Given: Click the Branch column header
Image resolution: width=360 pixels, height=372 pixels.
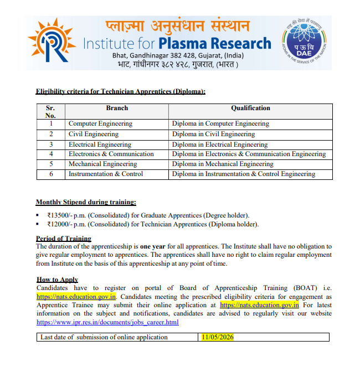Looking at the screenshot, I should coord(117,108).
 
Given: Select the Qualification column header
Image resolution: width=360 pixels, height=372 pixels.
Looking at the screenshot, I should coord(250,108).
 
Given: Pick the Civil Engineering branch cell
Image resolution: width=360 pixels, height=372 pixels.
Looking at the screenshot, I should coord(94,134).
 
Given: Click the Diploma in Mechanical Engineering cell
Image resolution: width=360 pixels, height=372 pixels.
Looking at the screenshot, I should coord(223,164).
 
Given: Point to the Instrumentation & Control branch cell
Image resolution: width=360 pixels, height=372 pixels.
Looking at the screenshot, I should coord(106,174).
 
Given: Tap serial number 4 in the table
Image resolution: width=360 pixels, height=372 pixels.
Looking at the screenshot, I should coord(50,154).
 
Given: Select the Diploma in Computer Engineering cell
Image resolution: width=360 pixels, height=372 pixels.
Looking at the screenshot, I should coord(220,124).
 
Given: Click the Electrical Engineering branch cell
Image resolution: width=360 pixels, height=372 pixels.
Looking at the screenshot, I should coord(100,144).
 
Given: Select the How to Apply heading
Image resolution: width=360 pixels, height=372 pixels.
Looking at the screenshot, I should coord(57,280).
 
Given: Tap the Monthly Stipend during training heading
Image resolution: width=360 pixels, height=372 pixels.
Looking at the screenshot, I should coord(85,202).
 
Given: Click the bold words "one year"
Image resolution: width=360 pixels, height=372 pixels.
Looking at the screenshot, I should coord(152,246).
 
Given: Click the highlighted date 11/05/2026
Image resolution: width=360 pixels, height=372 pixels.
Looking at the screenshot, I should coord(217,337).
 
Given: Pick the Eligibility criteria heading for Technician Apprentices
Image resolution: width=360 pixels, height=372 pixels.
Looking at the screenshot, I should coord(120,91).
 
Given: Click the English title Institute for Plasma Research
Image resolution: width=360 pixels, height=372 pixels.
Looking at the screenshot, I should coord(177,44).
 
